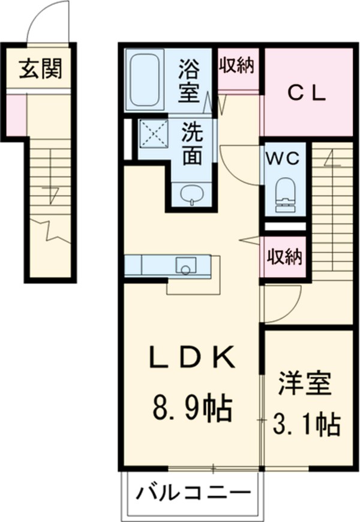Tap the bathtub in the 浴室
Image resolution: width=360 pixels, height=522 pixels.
point(144,81)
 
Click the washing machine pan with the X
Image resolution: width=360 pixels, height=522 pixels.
point(153,134)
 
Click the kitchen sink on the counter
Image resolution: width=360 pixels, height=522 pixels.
point(185,265)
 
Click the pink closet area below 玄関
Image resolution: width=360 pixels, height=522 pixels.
point(16,114)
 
